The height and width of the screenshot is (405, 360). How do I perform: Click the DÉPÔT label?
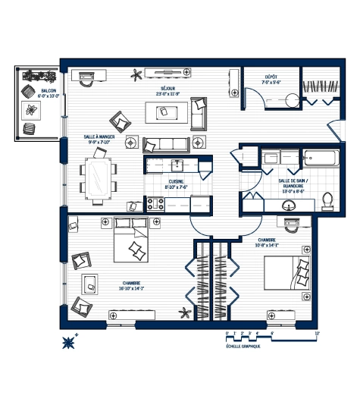tap(271, 78)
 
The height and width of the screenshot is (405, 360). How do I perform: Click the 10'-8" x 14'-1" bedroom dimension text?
tap(269, 244)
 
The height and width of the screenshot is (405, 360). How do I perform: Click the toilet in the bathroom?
tap(327, 199)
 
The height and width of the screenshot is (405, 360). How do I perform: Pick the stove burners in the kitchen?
tap(156, 203)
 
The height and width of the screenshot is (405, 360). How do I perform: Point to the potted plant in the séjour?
tap(137, 74)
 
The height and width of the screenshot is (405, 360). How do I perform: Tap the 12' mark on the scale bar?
tap(317, 333)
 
